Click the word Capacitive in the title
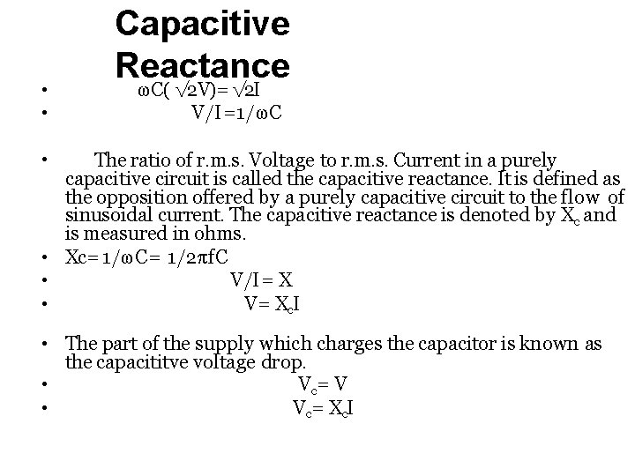[x=202, y=24]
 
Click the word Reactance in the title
[x=202, y=64]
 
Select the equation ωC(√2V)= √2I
[x=197, y=91]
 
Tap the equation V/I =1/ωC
[x=236, y=114]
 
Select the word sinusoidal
[x=109, y=215]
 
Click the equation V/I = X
[x=262, y=281]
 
